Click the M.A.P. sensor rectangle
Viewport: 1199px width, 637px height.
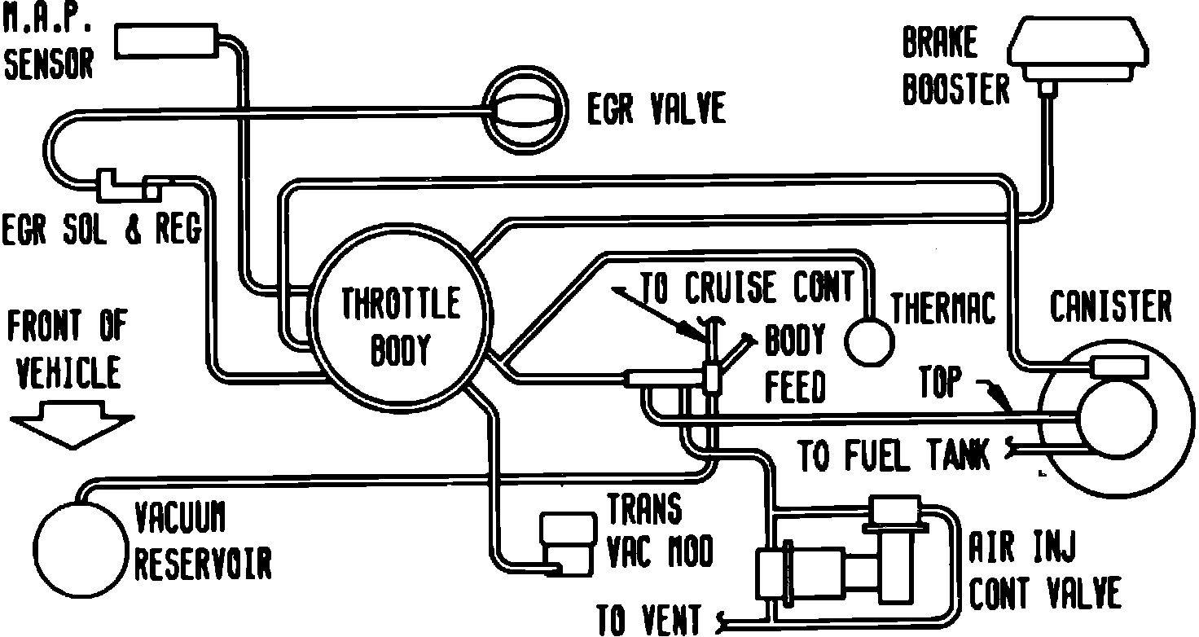168,41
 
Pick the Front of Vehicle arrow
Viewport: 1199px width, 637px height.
72,428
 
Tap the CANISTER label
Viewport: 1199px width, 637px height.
1109,307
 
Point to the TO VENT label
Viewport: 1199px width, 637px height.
648,619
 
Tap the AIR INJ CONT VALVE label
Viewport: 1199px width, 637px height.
1044,571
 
